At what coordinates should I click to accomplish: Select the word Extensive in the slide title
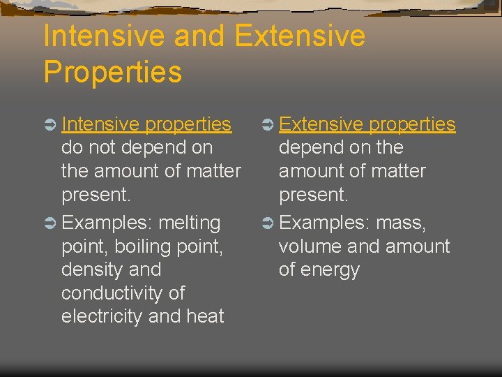pos(301,36)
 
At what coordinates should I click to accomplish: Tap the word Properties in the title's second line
pos(112,72)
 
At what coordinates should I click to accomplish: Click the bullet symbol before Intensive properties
pos(50,125)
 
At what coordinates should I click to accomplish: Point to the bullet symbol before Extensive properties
pos(268,125)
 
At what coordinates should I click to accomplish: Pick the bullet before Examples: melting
pos(50,223)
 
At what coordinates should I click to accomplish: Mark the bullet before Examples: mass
pos(268,223)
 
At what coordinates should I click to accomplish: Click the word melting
pos(190,223)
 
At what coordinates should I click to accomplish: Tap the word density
pos(91,269)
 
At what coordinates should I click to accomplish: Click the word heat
pos(205,316)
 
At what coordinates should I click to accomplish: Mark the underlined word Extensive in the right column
pos(321,124)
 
